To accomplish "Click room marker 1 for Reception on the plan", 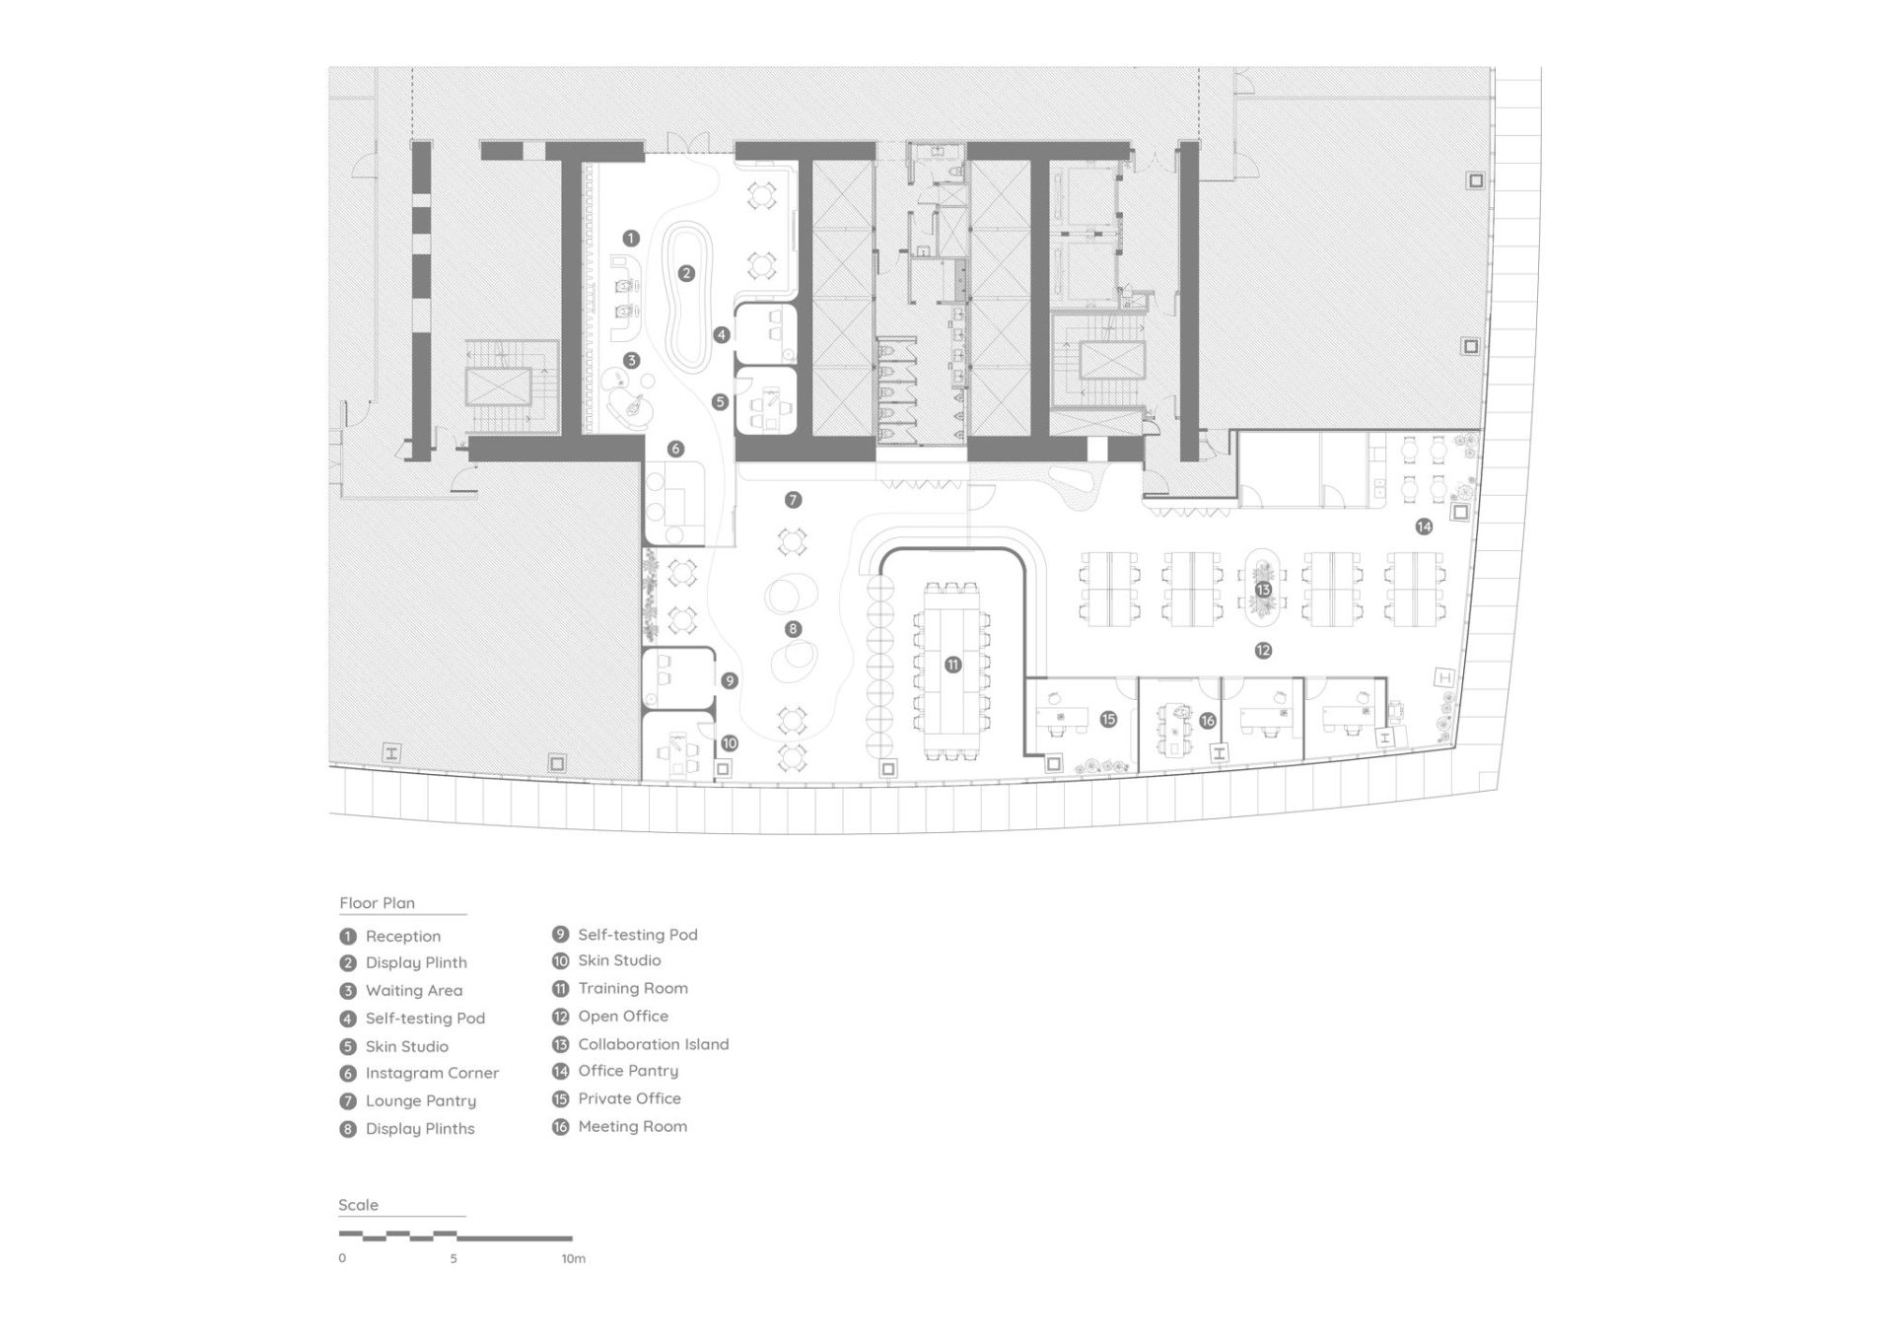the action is tap(631, 238).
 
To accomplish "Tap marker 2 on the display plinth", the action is tap(686, 273).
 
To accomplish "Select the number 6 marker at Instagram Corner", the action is tap(675, 449).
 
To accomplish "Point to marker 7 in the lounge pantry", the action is tap(793, 500).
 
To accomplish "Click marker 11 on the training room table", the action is tap(952, 665).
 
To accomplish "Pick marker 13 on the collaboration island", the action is tap(1263, 590).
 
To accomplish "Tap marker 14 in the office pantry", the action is tap(1424, 527).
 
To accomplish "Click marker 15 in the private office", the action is tap(1108, 719).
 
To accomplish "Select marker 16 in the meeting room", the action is tap(1208, 721).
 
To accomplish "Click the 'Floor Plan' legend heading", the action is tap(378, 903).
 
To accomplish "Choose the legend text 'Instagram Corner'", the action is tap(432, 1073).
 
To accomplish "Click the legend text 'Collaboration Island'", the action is tap(654, 1044).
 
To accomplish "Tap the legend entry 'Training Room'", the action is tap(633, 988).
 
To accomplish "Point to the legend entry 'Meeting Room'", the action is tap(633, 1126).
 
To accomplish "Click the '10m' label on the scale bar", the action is tap(574, 1259).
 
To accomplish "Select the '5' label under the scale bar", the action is tap(454, 1259).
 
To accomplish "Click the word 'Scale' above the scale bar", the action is tap(358, 1205).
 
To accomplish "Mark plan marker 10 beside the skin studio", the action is tap(729, 743).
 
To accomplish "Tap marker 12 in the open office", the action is tap(1263, 651).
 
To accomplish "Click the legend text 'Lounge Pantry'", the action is tap(421, 1100).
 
